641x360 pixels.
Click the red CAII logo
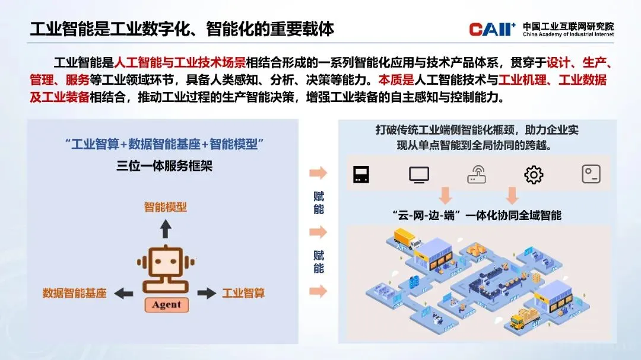click(x=492, y=28)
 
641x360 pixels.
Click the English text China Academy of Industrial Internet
click(x=568, y=34)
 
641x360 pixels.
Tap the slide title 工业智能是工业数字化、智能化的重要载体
click(x=182, y=28)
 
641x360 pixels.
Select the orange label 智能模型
click(x=166, y=207)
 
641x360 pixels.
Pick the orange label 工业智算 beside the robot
click(x=243, y=293)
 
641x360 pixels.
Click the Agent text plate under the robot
click(x=166, y=305)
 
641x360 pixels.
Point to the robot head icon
click(x=166, y=266)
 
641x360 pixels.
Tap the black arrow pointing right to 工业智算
click(x=207, y=293)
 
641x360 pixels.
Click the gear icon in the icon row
click(x=534, y=174)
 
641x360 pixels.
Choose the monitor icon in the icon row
click(x=419, y=174)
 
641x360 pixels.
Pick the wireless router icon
click(x=477, y=175)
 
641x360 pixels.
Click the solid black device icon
click(x=361, y=174)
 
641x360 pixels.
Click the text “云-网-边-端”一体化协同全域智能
click(x=477, y=215)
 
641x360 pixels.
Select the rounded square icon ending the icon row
click(x=591, y=174)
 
